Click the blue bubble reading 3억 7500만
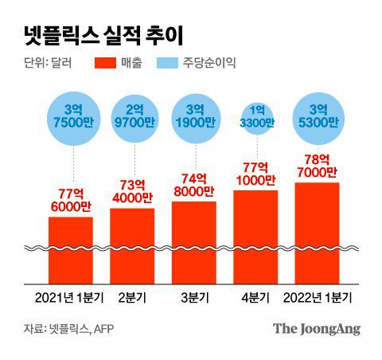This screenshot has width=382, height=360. (70, 117)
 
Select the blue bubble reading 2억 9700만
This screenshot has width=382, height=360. (132, 117)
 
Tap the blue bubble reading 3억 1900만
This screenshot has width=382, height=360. (194, 117)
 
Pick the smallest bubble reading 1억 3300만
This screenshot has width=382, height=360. (255, 117)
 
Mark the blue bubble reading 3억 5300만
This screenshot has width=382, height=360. (318, 117)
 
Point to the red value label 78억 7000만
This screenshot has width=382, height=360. (318, 166)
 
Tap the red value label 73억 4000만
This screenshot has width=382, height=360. (132, 191)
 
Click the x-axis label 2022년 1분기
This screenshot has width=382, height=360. (318, 299)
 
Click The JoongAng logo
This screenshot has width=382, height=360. (317, 328)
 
